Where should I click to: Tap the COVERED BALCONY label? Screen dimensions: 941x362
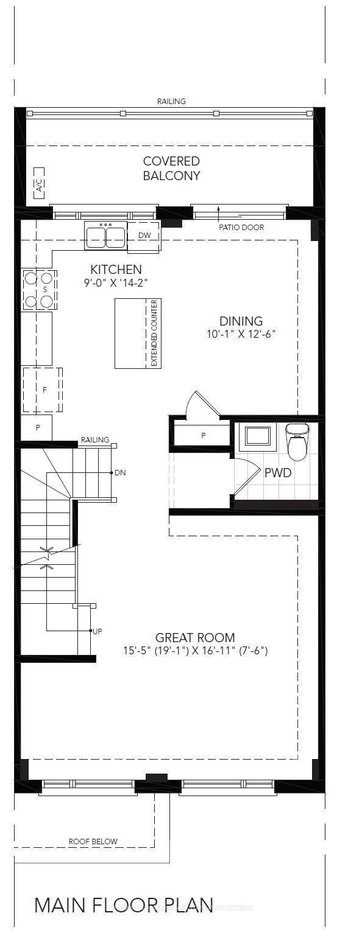pyautogui.click(x=171, y=169)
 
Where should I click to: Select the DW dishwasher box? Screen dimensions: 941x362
pyautogui.click(x=144, y=236)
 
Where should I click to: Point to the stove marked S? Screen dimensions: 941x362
pyautogui.click(x=39, y=289)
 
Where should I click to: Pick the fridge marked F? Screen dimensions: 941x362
pyautogui.click(x=43, y=390)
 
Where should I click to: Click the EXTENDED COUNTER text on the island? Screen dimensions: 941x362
pyautogui.click(x=154, y=333)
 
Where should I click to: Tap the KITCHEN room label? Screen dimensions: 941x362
pyautogui.click(x=116, y=269)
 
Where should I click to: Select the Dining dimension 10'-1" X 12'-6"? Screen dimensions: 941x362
pyautogui.click(x=242, y=334)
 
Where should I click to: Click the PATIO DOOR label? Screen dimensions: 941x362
pyautogui.click(x=241, y=228)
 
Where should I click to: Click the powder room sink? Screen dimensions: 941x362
pyautogui.click(x=258, y=436)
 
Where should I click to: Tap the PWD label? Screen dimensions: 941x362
pyautogui.click(x=277, y=472)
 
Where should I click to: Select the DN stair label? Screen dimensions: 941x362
pyautogui.click(x=119, y=472)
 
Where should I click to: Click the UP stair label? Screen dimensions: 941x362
pyautogui.click(x=97, y=631)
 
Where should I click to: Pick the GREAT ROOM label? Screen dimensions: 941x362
pyautogui.click(x=195, y=637)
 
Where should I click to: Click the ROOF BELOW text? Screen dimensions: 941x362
pyautogui.click(x=93, y=841)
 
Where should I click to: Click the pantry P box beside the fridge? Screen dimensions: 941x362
pyautogui.click(x=37, y=427)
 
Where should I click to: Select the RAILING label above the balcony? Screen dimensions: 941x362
pyautogui.click(x=171, y=101)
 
